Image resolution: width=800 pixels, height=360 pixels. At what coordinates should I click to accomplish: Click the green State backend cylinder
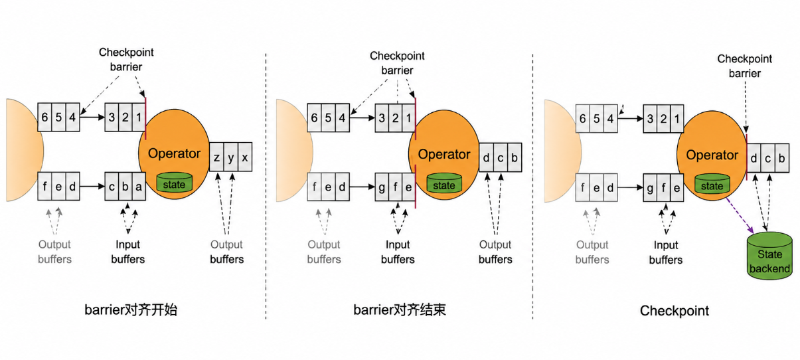click(x=769, y=256)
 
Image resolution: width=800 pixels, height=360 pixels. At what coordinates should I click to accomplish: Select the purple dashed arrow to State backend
click(x=740, y=216)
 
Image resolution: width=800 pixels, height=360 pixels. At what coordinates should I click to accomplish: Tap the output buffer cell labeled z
click(x=216, y=157)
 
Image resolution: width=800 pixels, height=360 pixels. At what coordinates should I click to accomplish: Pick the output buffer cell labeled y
click(x=231, y=157)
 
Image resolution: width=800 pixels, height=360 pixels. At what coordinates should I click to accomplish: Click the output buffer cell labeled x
click(x=245, y=157)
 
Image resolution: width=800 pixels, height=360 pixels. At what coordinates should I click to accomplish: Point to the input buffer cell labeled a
click(x=139, y=187)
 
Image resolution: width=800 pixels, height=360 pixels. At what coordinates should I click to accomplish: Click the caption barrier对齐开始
click(x=131, y=310)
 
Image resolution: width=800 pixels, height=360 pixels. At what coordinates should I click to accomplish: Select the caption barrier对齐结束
click(x=400, y=310)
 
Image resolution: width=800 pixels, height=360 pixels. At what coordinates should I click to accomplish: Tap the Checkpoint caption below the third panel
click(x=675, y=311)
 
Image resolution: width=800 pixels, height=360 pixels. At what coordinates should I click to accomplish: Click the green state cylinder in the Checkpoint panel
click(x=712, y=184)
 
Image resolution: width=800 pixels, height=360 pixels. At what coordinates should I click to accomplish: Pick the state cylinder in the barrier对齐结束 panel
click(x=444, y=183)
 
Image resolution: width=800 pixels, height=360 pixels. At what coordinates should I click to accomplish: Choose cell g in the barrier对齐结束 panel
click(x=382, y=187)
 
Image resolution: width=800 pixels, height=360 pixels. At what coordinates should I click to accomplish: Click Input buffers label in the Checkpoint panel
click(x=666, y=252)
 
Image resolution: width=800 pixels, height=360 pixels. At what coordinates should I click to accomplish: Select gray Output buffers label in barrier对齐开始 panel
click(x=54, y=252)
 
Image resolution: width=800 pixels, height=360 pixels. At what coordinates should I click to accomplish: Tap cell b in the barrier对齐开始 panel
click(x=125, y=187)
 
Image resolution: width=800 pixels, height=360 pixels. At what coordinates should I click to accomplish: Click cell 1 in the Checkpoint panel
click(x=677, y=119)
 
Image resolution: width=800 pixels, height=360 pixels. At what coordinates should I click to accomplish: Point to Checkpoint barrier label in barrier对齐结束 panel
click(x=397, y=63)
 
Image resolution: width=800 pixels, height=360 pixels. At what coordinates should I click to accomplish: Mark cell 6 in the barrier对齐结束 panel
click(x=314, y=118)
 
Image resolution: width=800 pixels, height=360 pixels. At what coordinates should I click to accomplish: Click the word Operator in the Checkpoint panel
click(x=712, y=155)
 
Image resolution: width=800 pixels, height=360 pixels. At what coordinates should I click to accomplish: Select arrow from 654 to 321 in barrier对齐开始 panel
click(x=92, y=117)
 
